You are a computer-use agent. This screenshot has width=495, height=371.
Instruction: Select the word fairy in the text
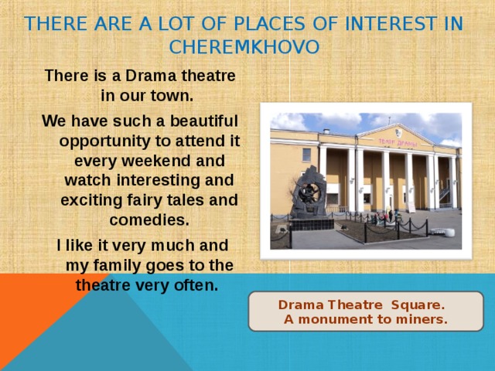139,200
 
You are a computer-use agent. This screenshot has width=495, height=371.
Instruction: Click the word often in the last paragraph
199,284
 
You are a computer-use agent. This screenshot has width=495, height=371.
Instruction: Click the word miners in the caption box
424,319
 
